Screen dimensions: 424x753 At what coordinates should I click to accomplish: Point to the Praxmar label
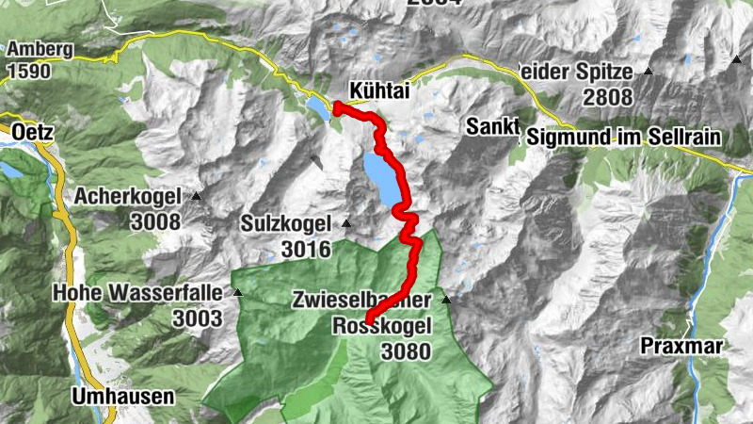pos(681,347)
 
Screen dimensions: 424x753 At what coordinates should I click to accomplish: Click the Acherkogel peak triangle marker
pos(197,196)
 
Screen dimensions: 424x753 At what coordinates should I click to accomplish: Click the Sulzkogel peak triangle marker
pos(346,223)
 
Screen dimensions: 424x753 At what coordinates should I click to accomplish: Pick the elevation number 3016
pos(306,250)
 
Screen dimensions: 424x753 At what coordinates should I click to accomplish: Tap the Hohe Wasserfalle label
pos(137,293)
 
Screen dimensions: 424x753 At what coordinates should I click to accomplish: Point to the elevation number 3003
pos(197,318)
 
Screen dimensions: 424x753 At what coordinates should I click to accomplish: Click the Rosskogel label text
pos(382,326)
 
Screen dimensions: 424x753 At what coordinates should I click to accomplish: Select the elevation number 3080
pos(406,352)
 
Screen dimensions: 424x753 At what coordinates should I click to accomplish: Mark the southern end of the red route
pos(367,320)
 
